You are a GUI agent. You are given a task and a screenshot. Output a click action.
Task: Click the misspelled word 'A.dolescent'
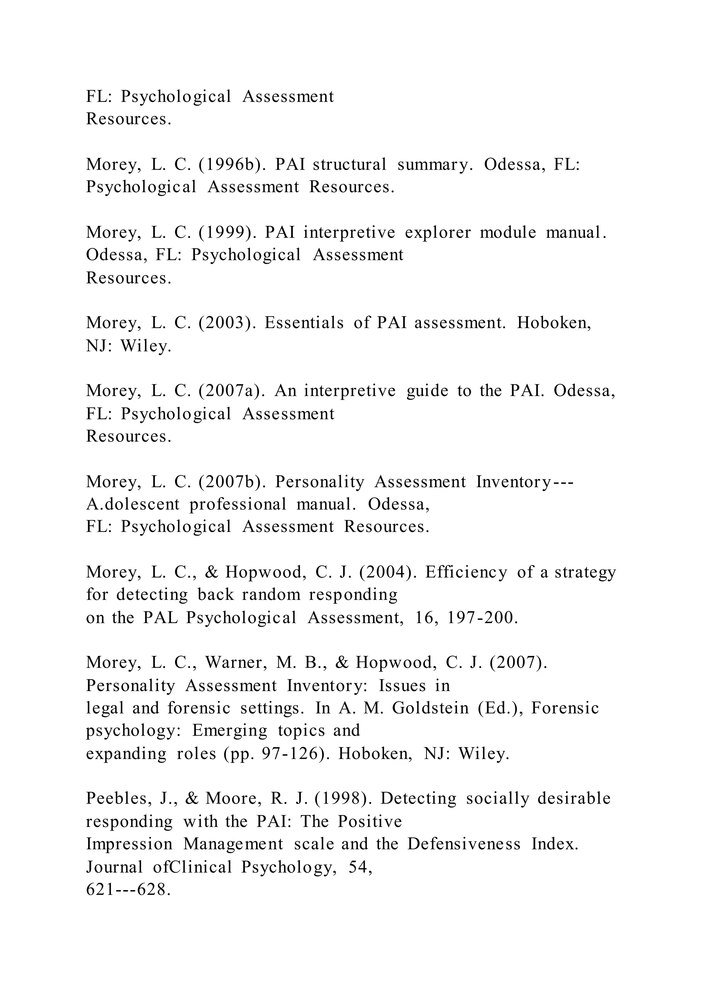pos(133,504)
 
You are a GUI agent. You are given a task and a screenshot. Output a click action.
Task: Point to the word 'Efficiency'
pos(466,572)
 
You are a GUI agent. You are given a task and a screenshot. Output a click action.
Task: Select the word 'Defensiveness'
pos(464,844)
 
